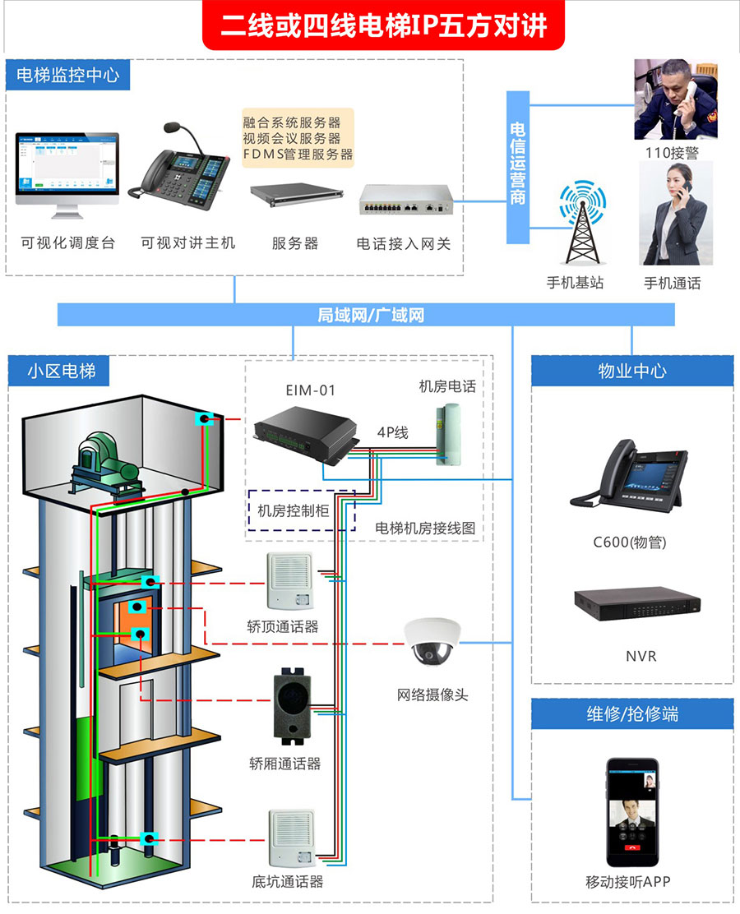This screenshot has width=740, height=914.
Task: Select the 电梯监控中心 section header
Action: (68, 76)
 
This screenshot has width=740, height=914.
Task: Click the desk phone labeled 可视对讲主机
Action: (183, 168)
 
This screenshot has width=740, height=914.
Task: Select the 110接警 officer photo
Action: (674, 99)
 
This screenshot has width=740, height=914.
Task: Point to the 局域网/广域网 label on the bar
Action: (370, 315)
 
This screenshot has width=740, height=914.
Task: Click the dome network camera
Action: (433, 641)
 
